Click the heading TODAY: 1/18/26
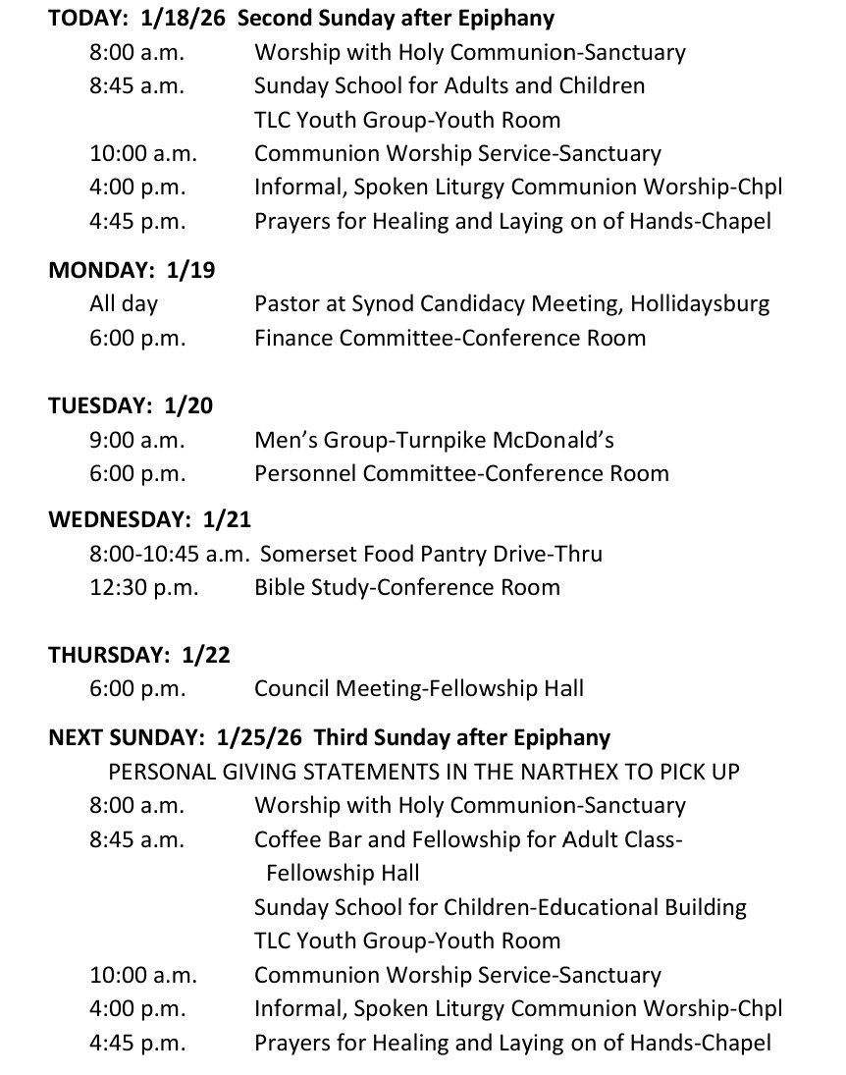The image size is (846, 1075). (x=138, y=19)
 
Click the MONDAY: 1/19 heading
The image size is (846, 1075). (x=132, y=271)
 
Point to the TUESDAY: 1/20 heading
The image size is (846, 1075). (x=131, y=406)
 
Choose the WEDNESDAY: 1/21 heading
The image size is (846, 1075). (x=150, y=519)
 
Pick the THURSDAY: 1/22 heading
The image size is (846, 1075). (x=138, y=656)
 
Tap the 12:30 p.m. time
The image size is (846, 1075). (x=143, y=588)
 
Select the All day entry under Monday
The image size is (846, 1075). (x=124, y=304)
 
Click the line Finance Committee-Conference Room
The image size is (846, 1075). (x=449, y=339)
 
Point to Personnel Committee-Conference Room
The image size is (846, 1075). (x=461, y=474)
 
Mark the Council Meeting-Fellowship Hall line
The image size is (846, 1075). (x=419, y=689)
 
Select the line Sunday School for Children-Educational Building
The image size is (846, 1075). (x=501, y=907)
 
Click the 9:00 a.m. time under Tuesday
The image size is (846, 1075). (x=137, y=440)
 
